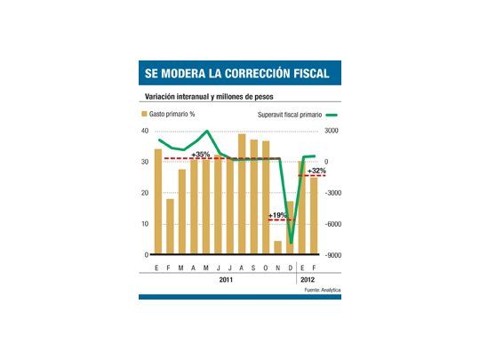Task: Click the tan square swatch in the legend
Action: [x=143, y=115]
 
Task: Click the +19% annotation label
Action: [x=278, y=215]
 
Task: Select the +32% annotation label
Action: [x=316, y=170]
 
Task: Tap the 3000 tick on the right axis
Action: [x=332, y=131]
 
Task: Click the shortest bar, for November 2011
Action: [x=277, y=248]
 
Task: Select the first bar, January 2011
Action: [x=157, y=202]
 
